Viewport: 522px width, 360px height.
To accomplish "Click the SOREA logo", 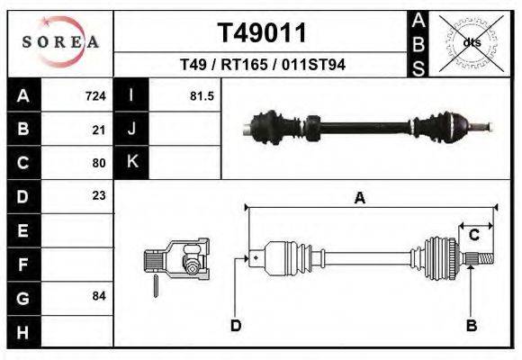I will pyautogui.click(x=59, y=42).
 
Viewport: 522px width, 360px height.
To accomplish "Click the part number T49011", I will pyautogui.click(x=263, y=33).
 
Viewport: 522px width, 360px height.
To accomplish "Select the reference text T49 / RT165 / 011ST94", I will pyautogui.click(x=263, y=65).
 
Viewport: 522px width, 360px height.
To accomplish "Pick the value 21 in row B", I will pyautogui.click(x=99, y=130).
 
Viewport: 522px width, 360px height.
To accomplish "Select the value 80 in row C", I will pyautogui.click(x=99, y=163).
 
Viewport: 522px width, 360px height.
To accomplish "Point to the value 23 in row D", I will pyautogui.click(x=99, y=196).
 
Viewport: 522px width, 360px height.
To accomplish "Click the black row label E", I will pyautogui.click(x=22, y=230).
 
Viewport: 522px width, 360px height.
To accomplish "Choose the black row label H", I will pyautogui.click(x=22, y=331).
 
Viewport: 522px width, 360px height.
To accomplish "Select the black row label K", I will pyautogui.click(x=131, y=163).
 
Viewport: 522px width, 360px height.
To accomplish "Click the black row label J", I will pyautogui.click(x=131, y=130).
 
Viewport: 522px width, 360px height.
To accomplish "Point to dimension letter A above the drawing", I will pyautogui.click(x=360, y=199).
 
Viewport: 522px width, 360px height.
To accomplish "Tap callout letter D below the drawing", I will pyautogui.click(x=236, y=325).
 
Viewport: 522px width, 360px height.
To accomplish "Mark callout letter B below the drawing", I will pyautogui.click(x=471, y=325).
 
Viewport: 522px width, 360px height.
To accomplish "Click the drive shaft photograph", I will pyautogui.click(x=369, y=126).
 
